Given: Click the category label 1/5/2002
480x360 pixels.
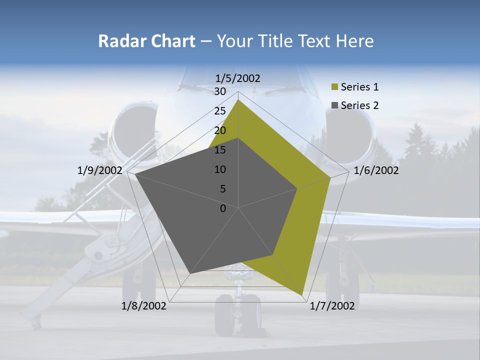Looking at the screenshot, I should coord(238,78).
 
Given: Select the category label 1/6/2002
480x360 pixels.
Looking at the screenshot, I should coord(376,170).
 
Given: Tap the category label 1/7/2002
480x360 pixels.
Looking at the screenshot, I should coord(332,306).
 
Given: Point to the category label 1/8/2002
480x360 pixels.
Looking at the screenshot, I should coord(144,306).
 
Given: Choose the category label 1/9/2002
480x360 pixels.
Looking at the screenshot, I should coord(100,170).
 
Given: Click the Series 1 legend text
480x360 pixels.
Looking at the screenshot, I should coord(359,87).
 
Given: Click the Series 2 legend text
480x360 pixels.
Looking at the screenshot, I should coord(359,105).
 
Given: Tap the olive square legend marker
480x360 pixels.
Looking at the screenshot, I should coord(335,87).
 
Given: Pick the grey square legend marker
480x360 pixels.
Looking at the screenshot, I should coord(335,105).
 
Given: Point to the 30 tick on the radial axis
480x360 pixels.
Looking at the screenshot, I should coord(220,91).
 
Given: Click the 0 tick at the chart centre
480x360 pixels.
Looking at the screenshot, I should coord(223,208).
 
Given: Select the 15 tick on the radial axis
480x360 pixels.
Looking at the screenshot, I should coord(220,150).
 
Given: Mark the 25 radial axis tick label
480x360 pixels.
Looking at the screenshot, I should coord(220,111).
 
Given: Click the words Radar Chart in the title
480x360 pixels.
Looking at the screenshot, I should coord(146,41).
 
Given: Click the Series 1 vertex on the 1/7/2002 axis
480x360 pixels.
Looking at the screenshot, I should coord(303,295).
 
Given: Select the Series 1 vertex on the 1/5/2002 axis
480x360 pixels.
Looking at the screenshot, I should coord(238,99).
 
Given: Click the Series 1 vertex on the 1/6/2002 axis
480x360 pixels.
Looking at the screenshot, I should coord(330,177).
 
